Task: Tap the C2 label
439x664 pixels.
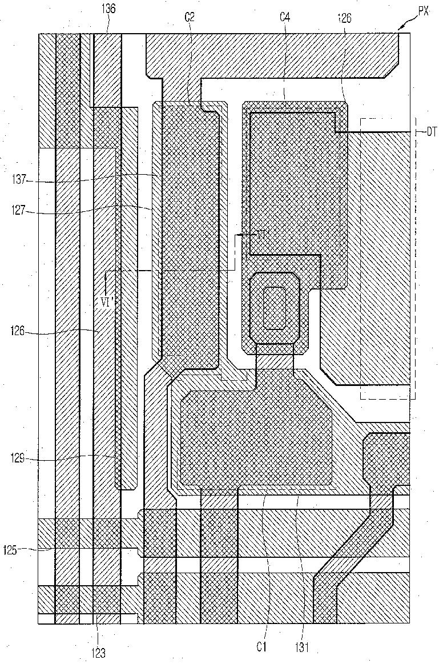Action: tap(190, 18)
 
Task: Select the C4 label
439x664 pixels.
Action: tap(284, 18)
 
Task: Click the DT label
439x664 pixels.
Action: tap(431, 132)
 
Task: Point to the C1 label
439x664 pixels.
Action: tap(261, 647)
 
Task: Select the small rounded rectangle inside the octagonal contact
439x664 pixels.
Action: tap(275, 307)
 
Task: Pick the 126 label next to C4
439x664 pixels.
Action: tap(344, 18)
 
